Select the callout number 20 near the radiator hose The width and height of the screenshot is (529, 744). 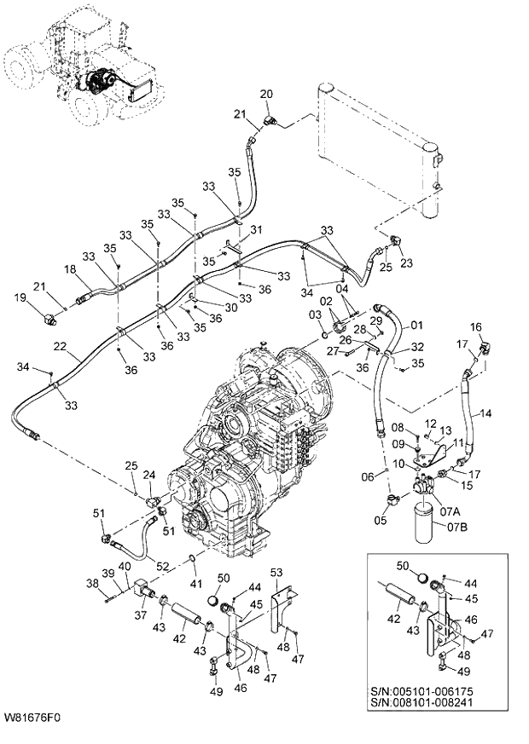click(x=265, y=93)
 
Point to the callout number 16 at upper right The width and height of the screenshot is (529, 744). click(x=476, y=326)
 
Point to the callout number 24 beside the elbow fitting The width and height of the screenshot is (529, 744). click(x=148, y=474)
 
